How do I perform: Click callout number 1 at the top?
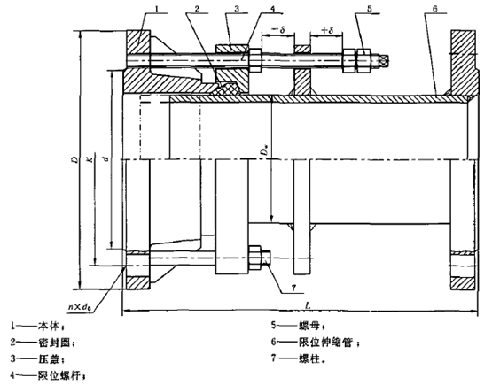click(x=157, y=9)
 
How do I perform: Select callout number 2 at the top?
click(x=197, y=9)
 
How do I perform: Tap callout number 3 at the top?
click(x=237, y=9)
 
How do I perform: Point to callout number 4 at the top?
click(x=272, y=9)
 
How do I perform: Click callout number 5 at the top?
click(x=370, y=9)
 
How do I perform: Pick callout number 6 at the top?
click(x=435, y=9)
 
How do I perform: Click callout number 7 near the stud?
click(x=293, y=289)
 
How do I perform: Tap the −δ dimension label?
click(x=277, y=30)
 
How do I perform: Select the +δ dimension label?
click(x=327, y=30)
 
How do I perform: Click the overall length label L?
click(x=308, y=305)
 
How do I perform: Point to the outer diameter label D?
click(x=75, y=159)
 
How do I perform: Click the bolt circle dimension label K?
click(x=91, y=158)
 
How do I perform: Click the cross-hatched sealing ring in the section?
click(x=227, y=89)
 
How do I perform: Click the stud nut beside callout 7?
click(x=254, y=258)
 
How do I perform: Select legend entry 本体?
click(x=37, y=326)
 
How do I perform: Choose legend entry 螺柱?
click(x=299, y=358)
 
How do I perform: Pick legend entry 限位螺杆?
click(x=48, y=375)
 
